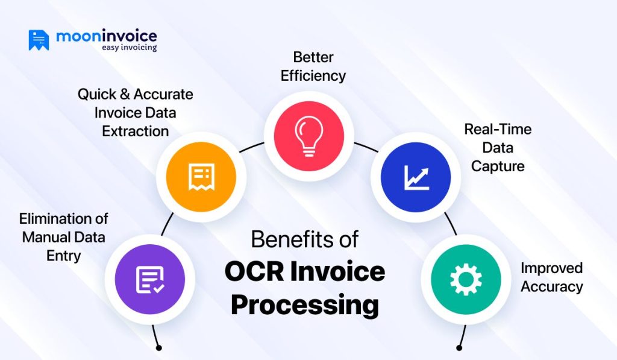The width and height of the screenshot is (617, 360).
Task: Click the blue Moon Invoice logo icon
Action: [x=39, y=40]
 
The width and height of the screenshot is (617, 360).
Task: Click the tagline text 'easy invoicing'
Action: [x=128, y=48]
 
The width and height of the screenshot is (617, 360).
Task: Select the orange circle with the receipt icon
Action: [x=200, y=176]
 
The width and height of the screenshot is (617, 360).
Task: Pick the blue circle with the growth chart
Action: [x=416, y=175]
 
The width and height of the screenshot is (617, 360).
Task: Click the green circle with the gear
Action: [x=465, y=279]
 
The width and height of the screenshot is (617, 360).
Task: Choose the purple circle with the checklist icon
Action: [x=149, y=279]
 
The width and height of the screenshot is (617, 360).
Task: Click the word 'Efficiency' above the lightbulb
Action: [x=313, y=76]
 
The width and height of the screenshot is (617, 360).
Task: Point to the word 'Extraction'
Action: [x=135, y=131]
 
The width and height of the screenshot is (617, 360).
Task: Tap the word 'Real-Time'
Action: [x=498, y=129]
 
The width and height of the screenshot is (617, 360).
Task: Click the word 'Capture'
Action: [x=498, y=166]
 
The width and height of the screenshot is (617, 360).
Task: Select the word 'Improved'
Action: [x=551, y=268]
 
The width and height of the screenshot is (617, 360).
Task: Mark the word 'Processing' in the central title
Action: [x=305, y=305]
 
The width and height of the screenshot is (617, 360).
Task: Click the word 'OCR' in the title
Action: [x=254, y=271]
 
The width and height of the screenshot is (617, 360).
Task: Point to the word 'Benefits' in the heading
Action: [x=283, y=239]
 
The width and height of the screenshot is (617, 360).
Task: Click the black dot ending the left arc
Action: [x=158, y=347]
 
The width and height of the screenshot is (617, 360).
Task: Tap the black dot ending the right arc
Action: [x=459, y=347]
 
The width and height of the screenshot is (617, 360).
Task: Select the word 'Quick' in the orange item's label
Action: [x=97, y=94]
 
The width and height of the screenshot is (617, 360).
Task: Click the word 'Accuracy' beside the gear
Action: [x=551, y=286]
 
